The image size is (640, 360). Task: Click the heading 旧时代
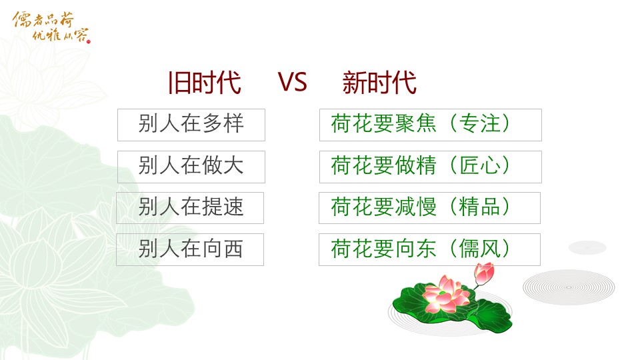pyautogui.click(x=205, y=83)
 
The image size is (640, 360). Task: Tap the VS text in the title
pyautogui.click(x=292, y=82)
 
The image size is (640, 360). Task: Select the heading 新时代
pyautogui.click(x=379, y=83)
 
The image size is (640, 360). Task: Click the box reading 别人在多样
pyautogui.click(x=191, y=125)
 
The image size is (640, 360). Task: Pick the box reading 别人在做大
pyautogui.click(x=191, y=167)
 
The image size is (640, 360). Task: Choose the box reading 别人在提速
pyautogui.click(x=190, y=208)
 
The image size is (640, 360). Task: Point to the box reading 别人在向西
pyautogui.click(x=190, y=249)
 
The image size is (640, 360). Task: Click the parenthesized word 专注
pyautogui.click(x=479, y=123)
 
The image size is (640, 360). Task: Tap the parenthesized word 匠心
pyautogui.click(x=479, y=165)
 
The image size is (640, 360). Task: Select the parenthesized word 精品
pyautogui.click(x=479, y=207)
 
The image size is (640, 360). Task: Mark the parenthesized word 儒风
pyautogui.click(x=479, y=248)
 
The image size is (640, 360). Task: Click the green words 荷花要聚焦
pyautogui.click(x=384, y=123)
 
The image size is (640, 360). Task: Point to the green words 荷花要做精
pyautogui.click(x=384, y=165)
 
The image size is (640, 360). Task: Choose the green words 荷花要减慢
pyautogui.click(x=384, y=207)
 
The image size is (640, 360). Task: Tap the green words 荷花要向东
pyautogui.click(x=384, y=248)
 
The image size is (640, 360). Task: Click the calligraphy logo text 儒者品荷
pyautogui.click(x=43, y=19)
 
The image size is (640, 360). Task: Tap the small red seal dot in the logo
pyautogui.click(x=89, y=41)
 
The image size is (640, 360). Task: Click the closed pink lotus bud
pyautogui.click(x=484, y=273)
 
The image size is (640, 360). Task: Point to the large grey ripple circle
pyautogui.click(x=569, y=287)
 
